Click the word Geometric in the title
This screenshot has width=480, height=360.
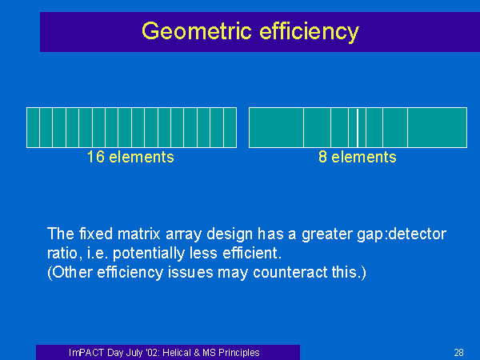pyautogui.click(x=197, y=31)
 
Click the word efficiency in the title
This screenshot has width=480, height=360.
pyautogui.click(x=309, y=31)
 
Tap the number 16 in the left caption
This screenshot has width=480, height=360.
pyautogui.click(x=95, y=157)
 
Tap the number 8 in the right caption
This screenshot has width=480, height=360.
pyautogui.click(x=322, y=157)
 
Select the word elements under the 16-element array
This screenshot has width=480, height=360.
pyautogui.click(x=142, y=157)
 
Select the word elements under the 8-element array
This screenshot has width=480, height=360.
pyautogui.click(x=364, y=157)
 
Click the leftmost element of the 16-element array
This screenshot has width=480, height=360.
pyautogui.click(x=34, y=128)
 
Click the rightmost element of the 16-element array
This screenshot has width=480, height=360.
pyautogui.click(x=230, y=128)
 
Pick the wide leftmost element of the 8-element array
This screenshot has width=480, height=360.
pyautogui.click(x=277, y=128)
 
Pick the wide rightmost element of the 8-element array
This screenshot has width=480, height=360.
pyautogui.click(x=437, y=128)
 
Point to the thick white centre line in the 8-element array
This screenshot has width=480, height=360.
pyautogui.click(x=358, y=128)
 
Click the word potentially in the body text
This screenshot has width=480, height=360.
pyautogui.click(x=149, y=254)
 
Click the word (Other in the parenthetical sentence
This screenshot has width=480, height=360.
pyautogui.click(x=70, y=273)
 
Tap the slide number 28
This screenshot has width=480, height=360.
pyautogui.click(x=459, y=353)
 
